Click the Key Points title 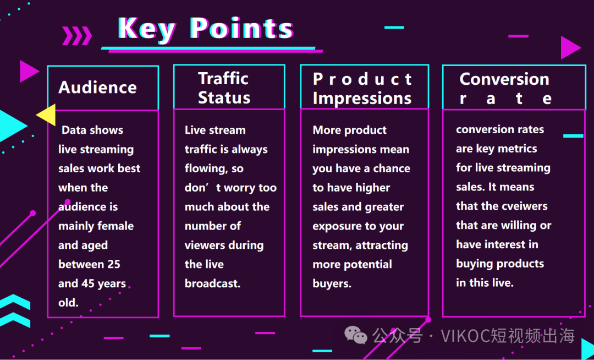click(x=206, y=29)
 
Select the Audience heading click(x=97, y=88)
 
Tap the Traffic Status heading click(x=224, y=88)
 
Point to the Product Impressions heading click(x=362, y=89)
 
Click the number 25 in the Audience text click(x=113, y=264)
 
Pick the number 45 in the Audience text click(x=85, y=283)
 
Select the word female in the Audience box click(x=115, y=226)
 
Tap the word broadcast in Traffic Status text click(x=212, y=283)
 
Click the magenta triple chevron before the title click(x=77, y=36)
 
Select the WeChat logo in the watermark click(x=355, y=335)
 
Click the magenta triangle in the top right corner click(x=570, y=48)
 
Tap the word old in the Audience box click(x=68, y=302)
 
